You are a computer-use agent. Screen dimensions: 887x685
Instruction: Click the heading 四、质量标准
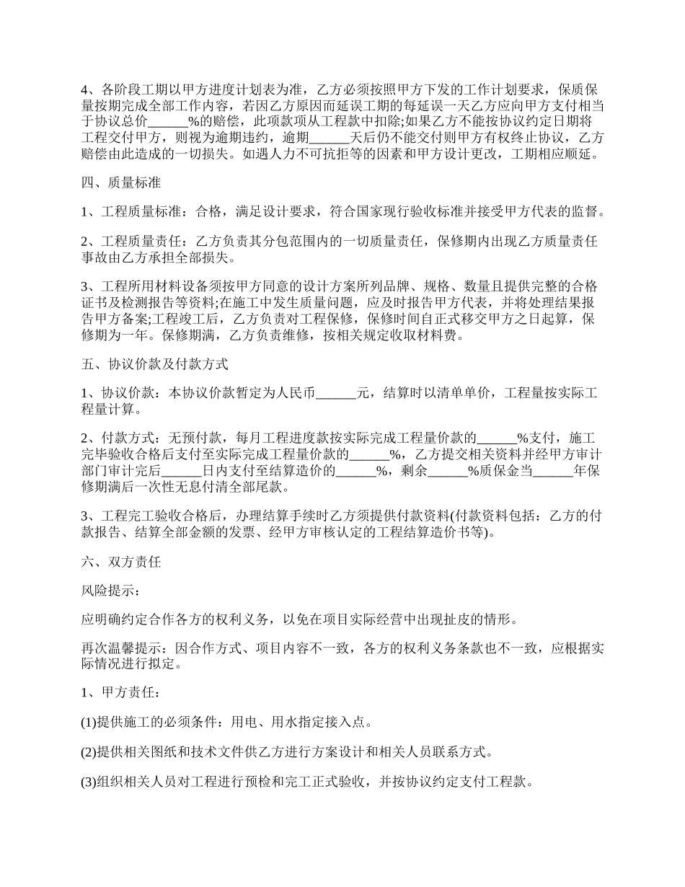120,183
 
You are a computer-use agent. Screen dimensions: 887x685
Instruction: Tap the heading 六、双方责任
120,562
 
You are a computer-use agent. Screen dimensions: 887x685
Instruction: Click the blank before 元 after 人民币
337,394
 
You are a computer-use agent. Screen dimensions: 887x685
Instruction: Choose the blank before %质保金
448,472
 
